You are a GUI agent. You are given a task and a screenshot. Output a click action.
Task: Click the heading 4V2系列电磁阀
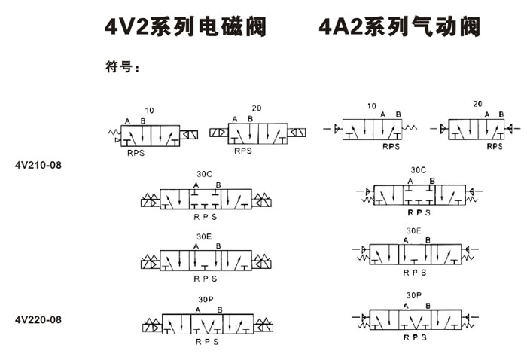coord(185,26)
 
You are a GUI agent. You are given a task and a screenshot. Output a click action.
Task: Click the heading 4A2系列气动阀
coord(399,26)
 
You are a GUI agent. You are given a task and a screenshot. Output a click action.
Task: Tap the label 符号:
coord(122,66)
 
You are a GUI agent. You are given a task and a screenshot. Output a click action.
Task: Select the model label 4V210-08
coord(38,165)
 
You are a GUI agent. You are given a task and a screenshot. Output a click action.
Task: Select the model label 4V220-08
coord(38,319)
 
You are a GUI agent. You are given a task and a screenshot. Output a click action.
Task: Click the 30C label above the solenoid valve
coord(204,174)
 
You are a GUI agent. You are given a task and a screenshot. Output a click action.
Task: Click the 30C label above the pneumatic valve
coord(418,170)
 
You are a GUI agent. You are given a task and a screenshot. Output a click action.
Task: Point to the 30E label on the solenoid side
coord(204,236)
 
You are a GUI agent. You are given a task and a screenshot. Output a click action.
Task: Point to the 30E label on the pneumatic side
coord(413,231)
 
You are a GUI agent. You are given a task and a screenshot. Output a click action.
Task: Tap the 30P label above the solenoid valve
coord(206,300)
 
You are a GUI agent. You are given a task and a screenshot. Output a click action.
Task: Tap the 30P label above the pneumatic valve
coord(414,295)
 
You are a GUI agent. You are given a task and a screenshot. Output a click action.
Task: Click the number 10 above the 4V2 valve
coord(149,111)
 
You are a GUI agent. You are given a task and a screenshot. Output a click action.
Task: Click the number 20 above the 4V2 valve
coord(257,108)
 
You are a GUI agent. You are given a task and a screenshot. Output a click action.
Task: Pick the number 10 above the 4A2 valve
coord(371,106)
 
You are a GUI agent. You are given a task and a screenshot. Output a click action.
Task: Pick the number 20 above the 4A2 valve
coord(477,104)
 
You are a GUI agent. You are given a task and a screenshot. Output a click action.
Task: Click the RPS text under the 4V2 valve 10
coord(136,154)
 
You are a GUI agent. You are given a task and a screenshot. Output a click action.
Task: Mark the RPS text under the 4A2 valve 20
coord(495,147)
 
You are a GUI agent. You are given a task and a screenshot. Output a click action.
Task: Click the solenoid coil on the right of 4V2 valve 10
coord(189,135)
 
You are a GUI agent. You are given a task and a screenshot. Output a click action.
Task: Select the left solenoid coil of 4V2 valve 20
coord(219,133)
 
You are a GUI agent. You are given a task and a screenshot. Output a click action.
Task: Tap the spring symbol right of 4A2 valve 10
coord(410,127)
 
